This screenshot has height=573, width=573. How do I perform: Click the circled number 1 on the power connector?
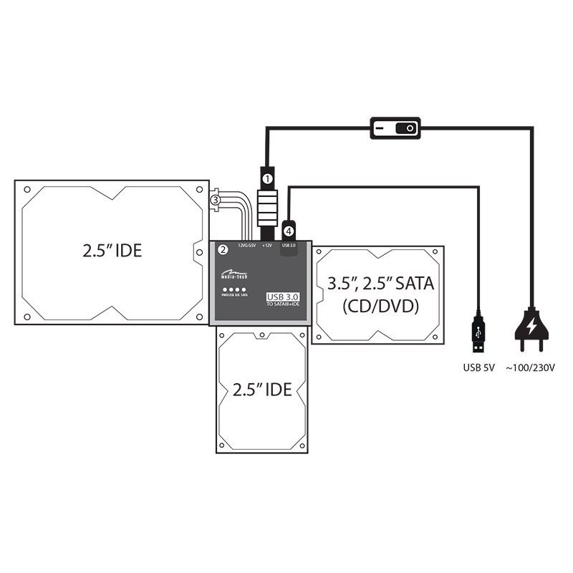(x=266, y=176)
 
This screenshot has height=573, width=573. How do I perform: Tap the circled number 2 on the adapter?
(x=223, y=249)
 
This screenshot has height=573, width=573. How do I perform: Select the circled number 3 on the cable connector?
(x=215, y=201)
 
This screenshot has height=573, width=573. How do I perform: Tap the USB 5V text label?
(x=477, y=368)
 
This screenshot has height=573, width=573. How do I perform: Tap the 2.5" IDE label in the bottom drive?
(x=262, y=390)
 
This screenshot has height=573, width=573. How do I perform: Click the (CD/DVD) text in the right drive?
(x=380, y=307)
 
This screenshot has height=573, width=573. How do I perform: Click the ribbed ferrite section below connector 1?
(x=266, y=208)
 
